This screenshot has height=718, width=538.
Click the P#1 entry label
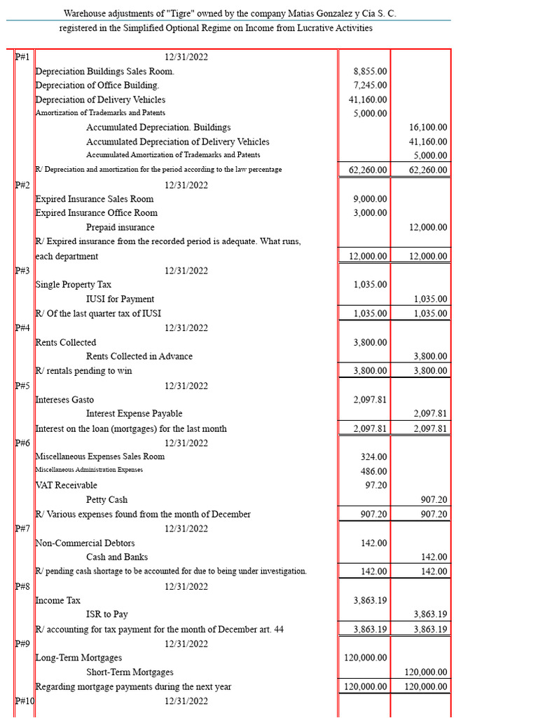[22, 57]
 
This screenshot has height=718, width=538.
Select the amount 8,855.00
[371, 72]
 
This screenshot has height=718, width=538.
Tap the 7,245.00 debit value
[371, 86]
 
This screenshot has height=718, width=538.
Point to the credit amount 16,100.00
[428, 128]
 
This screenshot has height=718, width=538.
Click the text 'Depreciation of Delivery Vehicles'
[100, 100]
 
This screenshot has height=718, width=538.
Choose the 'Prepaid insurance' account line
[120, 227]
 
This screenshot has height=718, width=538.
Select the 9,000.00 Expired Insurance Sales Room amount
[371, 199]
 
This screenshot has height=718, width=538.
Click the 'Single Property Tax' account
[74, 285]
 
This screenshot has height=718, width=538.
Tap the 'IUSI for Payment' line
[120, 299]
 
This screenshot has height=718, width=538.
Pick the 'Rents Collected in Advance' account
[139, 356]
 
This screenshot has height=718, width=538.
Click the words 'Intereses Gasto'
[64, 400]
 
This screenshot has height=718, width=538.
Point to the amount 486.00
[373, 471]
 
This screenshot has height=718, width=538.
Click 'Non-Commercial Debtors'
[85, 543]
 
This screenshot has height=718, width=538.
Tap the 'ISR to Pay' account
[107, 614]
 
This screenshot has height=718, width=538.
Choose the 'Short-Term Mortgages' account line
[130, 672]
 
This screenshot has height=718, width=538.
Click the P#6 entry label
[22, 443]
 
